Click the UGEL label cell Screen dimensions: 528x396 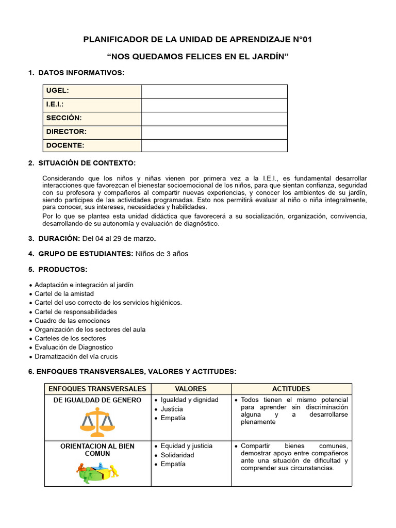click(x=92, y=91)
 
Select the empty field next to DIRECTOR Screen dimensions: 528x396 click(x=214, y=132)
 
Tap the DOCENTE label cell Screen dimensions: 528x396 click(x=92, y=145)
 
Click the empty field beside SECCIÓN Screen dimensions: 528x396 click(x=214, y=119)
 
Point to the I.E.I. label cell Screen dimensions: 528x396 click(x=92, y=105)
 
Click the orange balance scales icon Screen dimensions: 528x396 click(x=97, y=422)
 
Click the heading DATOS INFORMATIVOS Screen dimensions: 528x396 click(x=81, y=73)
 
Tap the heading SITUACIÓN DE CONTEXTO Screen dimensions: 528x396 click(x=87, y=163)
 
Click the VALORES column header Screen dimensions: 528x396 click(x=191, y=389)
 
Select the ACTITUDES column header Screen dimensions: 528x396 click(x=291, y=389)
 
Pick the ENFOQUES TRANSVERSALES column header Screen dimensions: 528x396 click(x=97, y=389)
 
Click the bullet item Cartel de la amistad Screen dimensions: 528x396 click(x=64, y=294)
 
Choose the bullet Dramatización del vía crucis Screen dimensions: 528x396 click(x=76, y=356)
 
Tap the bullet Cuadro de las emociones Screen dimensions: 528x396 click(x=72, y=321)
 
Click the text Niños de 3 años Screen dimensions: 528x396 click(x=162, y=254)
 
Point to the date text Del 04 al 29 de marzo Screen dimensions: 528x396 click(x=118, y=239)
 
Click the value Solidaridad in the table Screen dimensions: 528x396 click(x=177, y=455)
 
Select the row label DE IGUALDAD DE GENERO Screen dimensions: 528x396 click(x=97, y=400)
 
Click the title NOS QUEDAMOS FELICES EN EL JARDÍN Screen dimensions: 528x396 click(x=197, y=56)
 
